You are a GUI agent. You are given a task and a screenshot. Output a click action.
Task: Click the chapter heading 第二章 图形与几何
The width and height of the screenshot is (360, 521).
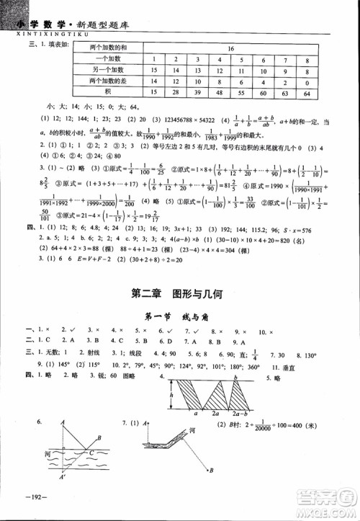179,293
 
